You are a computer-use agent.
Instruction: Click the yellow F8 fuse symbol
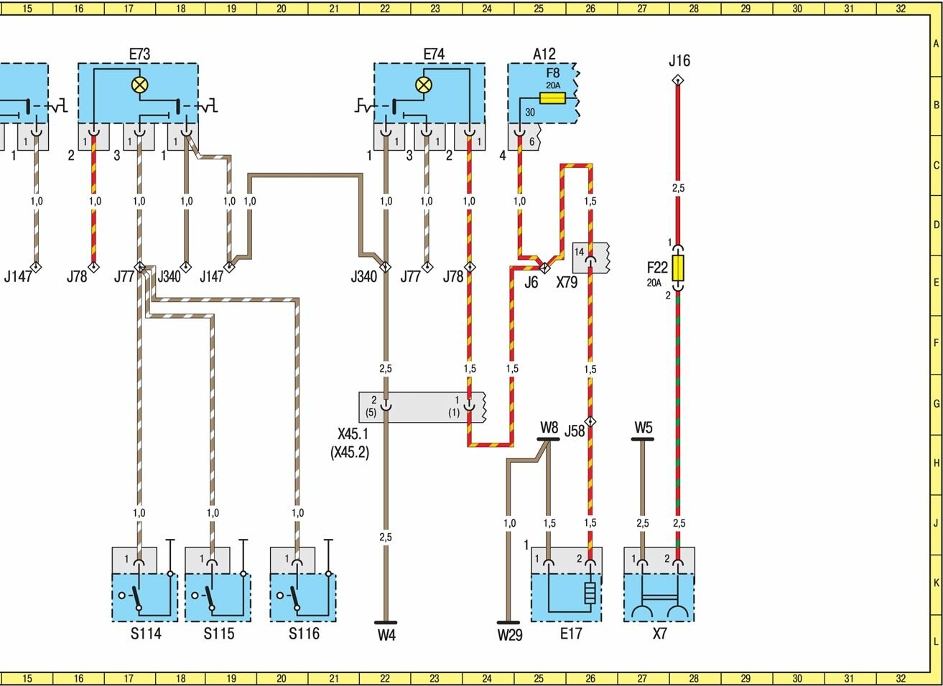point(552,98)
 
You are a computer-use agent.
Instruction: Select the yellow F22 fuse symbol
point(678,269)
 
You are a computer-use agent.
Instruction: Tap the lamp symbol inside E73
point(139,85)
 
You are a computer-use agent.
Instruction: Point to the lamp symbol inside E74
point(424,85)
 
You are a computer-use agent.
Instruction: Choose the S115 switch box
point(218,597)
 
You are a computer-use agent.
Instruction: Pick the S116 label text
point(304,634)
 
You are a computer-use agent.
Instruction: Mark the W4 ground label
point(386,635)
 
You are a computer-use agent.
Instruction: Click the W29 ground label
point(509,635)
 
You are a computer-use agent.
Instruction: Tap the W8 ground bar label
point(549,428)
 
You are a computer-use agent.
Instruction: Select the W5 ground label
point(643,428)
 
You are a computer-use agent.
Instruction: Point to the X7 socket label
point(659,634)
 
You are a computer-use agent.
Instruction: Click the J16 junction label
point(679,61)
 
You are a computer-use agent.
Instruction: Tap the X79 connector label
point(567,283)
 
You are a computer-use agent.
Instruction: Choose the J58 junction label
point(575,431)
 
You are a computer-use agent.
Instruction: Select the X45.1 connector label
point(353,435)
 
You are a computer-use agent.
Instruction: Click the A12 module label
point(544,55)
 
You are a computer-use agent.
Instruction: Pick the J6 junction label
point(531,283)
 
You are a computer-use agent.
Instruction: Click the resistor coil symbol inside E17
point(590,593)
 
